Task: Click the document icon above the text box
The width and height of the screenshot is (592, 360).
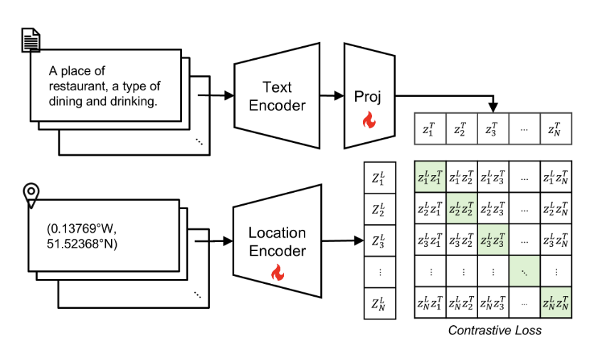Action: (29, 41)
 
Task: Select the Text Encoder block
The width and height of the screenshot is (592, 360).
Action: (277, 97)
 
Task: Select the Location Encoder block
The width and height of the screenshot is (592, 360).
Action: (277, 242)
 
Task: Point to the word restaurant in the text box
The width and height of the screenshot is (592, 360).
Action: (78, 86)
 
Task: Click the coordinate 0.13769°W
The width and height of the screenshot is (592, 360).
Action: (80, 229)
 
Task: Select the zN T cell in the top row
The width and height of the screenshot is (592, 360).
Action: (554, 130)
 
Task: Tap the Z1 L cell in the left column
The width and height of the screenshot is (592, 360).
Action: (379, 177)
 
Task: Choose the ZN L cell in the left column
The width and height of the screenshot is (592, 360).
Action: (379, 303)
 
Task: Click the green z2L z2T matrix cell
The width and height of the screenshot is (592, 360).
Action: (460, 208)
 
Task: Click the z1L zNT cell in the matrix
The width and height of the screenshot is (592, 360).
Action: (554, 177)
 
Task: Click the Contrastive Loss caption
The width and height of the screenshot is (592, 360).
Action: (495, 330)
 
